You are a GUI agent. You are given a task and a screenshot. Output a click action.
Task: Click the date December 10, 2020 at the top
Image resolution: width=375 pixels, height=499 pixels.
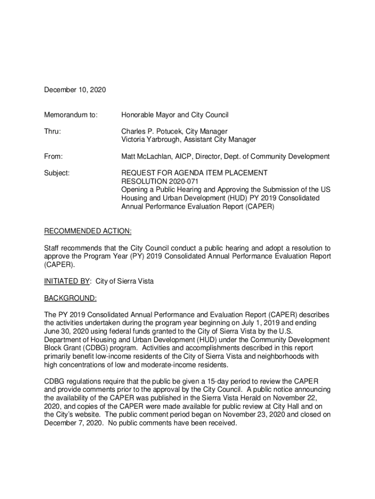[x=75, y=90]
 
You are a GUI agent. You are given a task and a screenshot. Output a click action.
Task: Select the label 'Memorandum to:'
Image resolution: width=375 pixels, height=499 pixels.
[x=71, y=115]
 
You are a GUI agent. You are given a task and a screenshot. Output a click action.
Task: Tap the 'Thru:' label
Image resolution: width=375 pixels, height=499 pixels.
[x=53, y=132]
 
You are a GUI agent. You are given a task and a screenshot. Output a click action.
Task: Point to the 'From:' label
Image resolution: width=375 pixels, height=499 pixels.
[x=54, y=156]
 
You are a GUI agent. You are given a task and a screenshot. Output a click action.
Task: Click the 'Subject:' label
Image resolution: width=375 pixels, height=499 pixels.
[x=57, y=173]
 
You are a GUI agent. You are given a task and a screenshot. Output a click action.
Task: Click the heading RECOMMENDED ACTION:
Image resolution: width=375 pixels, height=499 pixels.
[x=88, y=231]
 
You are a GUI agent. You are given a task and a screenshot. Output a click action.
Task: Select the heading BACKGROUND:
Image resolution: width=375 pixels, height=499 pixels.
[x=71, y=298]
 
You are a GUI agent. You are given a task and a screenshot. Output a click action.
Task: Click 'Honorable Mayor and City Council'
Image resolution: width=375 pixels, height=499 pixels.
[x=175, y=115]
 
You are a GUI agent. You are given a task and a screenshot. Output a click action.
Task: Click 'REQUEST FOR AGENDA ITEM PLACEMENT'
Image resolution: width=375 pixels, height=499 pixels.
[x=194, y=173]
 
